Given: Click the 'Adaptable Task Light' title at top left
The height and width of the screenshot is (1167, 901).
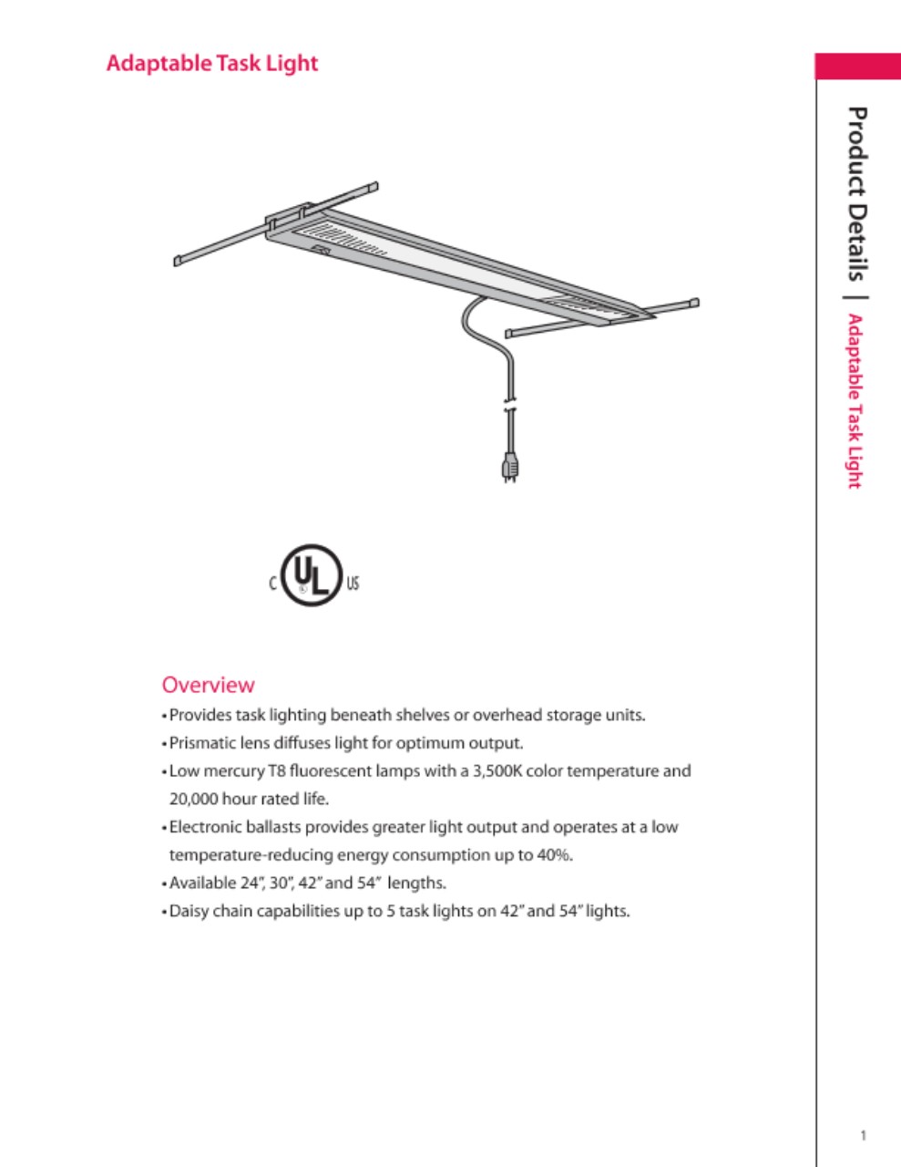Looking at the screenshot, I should coord(212,64).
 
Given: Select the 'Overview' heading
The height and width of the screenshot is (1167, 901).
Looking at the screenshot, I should coord(208,685).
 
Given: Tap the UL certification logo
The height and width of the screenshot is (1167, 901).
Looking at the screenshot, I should coord(311,575).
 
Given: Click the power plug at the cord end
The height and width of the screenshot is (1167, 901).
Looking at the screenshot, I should coord(510,467).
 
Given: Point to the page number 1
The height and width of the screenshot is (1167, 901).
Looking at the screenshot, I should coord(863,1135).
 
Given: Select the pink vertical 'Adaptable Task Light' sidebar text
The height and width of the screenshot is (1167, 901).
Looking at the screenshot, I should coord(855,401).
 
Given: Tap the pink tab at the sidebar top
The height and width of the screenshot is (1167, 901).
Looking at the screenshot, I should coord(857,67).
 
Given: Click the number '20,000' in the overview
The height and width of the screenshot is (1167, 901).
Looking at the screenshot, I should coord(193,800).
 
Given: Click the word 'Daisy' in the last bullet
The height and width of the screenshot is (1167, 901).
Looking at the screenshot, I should coord(189,911).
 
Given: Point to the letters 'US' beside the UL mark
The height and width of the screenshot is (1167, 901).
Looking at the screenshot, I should coord(353,583).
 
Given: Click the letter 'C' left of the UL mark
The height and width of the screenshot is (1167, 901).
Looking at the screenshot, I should coord(272,583).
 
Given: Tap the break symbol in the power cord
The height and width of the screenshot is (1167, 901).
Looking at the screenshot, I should coord(509,404).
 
